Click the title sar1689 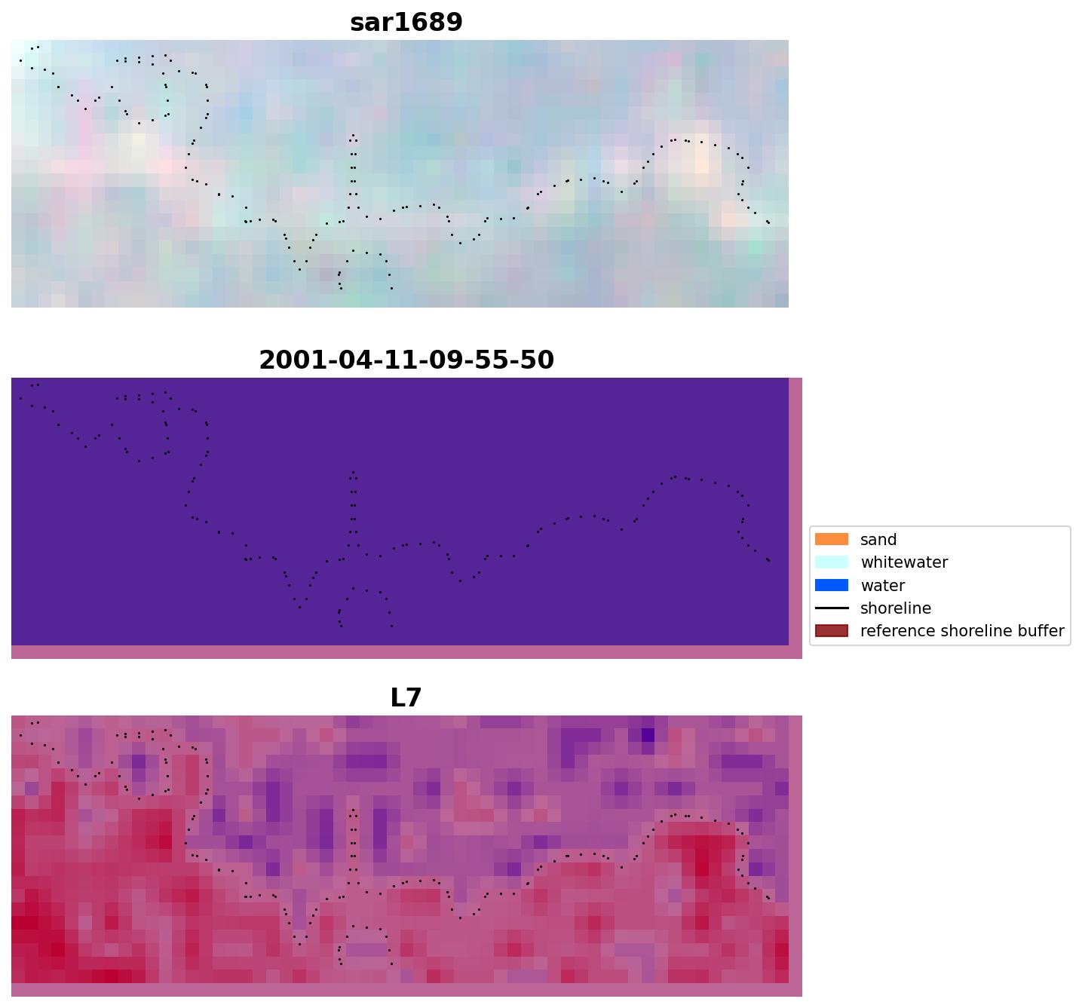(406, 23)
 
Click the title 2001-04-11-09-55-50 (406, 360)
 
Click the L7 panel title (406, 698)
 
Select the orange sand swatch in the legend (831, 539)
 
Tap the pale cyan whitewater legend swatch (831, 562)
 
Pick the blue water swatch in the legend (831, 585)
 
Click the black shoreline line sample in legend (831, 608)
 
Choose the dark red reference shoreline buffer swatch (831, 630)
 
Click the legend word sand (878, 540)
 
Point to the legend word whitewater (904, 562)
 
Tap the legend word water (882, 586)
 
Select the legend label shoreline (895, 608)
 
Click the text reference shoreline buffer (962, 631)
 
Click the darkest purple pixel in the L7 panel (648, 734)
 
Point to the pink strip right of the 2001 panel (795, 513)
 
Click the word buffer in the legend (1041, 631)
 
